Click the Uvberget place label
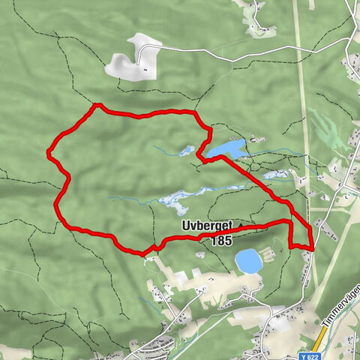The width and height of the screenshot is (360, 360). (208, 226)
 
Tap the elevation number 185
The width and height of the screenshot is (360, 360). (222, 241)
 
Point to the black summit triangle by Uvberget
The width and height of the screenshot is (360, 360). (241, 225)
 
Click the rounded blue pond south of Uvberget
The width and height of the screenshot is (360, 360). (248, 262)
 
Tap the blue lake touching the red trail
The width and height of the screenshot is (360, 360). (227, 148)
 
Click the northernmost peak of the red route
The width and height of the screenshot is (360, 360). (96, 106)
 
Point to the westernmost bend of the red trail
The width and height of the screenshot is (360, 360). (49, 153)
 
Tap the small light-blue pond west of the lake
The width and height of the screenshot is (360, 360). (184, 151)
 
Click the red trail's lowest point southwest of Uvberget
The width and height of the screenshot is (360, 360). (143, 253)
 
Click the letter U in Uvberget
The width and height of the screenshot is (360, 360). (184, 226)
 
